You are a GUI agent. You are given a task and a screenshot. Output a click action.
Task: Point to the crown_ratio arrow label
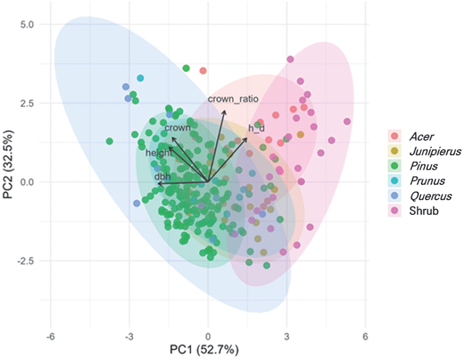(x=233, y=99)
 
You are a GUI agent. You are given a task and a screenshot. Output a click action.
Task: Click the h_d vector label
(x=256, y=128)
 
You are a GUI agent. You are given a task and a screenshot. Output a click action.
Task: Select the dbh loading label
(x=162, y=176)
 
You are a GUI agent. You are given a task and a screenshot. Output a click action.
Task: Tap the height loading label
(x=159, y=152)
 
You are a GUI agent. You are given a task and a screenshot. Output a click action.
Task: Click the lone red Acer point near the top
(x=203, y=70)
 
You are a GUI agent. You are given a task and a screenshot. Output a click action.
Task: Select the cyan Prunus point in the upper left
(x=141, y=78)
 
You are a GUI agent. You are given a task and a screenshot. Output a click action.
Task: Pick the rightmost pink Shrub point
(x=347, y=121)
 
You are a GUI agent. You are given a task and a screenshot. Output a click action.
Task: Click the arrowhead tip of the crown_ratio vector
(x=224, y=110)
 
